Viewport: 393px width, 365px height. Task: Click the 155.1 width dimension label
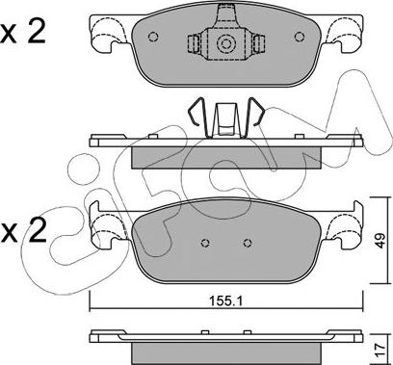226,300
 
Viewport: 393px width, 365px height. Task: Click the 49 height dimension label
380,241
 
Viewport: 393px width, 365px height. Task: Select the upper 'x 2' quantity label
23,33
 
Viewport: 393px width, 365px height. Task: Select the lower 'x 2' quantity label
23,232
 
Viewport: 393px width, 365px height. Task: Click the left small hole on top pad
153,37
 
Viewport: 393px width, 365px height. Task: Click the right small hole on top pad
300,37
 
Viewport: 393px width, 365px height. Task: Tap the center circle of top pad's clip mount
225,43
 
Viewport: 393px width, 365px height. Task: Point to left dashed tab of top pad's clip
193,43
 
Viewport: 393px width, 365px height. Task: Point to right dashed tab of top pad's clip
259,43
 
